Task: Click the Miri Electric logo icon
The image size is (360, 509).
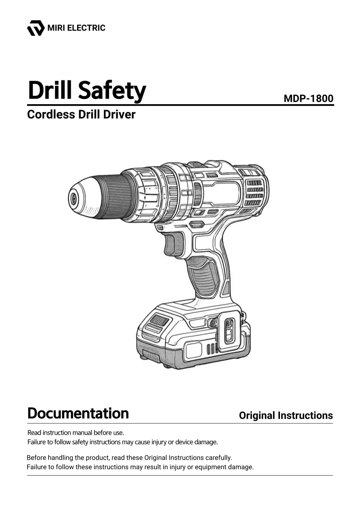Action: coord(36,28)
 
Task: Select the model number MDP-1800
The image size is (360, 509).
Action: coord(308,98)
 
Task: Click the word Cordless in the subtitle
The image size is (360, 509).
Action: coord(51,114)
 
